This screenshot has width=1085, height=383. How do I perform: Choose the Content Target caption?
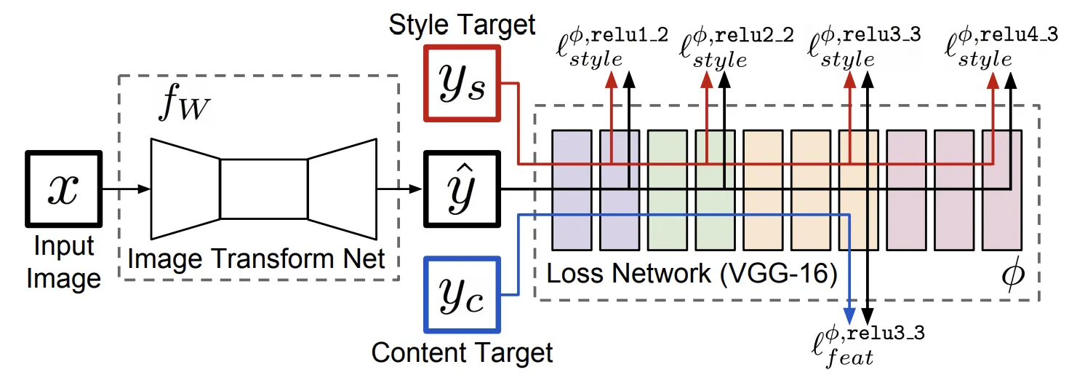point(463,353)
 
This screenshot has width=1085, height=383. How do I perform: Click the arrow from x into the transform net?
point(127,189)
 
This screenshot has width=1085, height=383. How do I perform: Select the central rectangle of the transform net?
point(263,189)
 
